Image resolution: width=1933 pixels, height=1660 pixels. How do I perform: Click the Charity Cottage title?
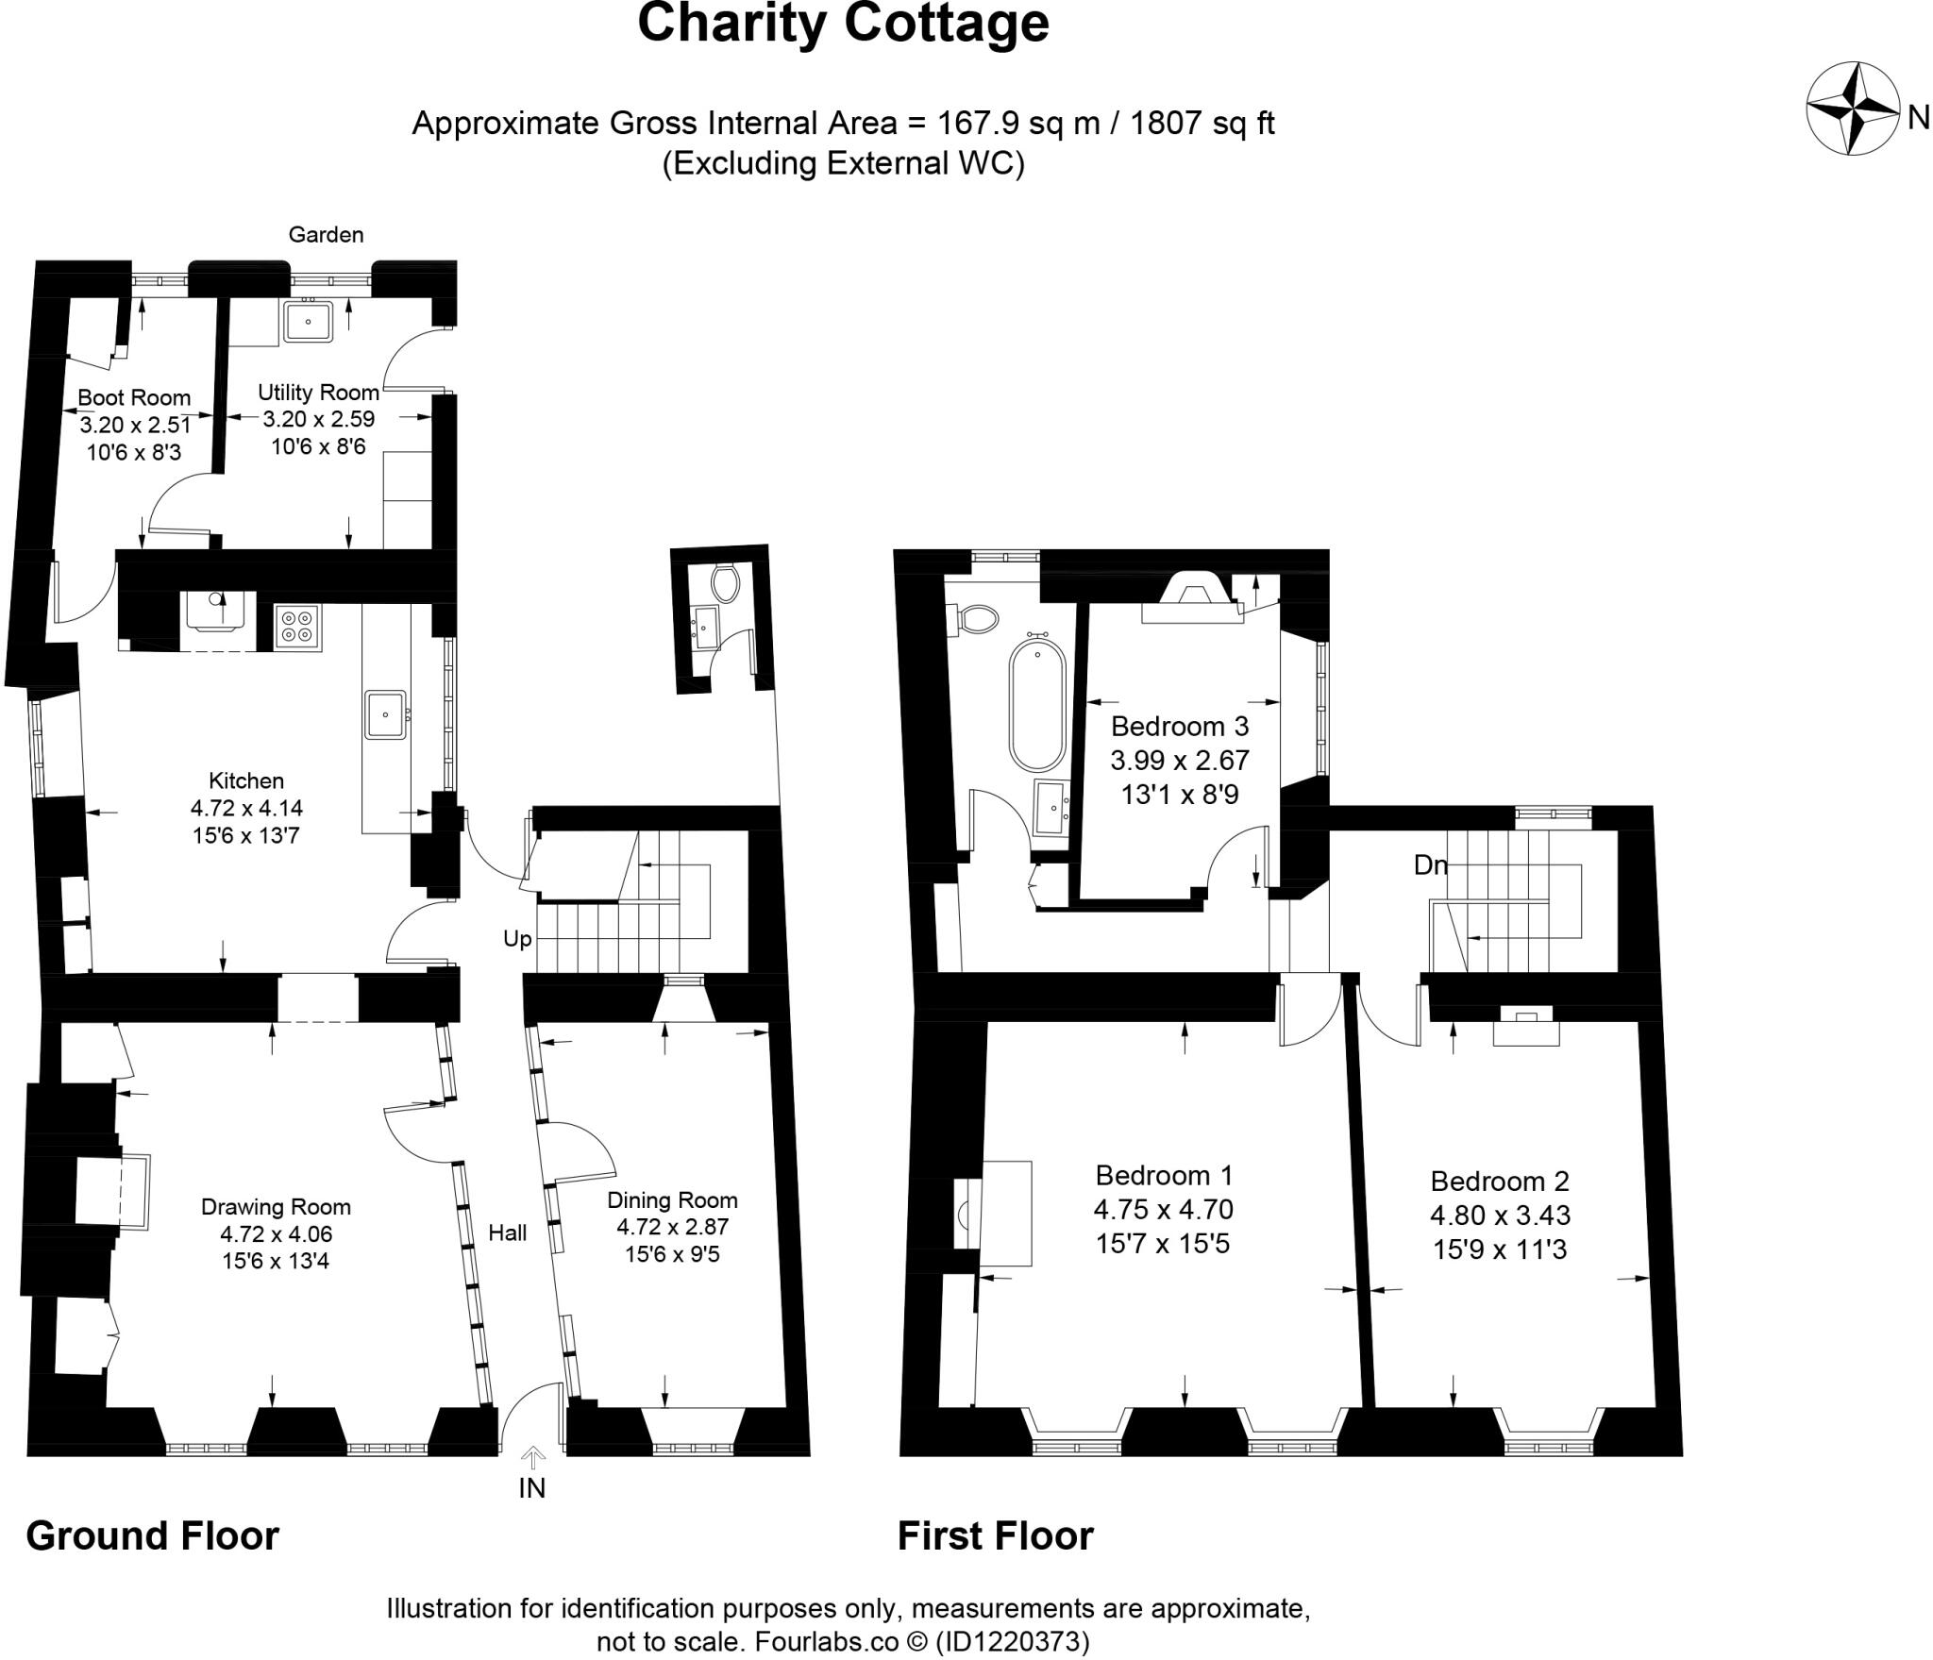point(843,24)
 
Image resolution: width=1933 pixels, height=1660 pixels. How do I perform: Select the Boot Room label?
point(134,398)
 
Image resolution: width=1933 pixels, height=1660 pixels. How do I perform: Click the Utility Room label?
point(318,393)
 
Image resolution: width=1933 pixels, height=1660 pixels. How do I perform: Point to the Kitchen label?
point(246,781)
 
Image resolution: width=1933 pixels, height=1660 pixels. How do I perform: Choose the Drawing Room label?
point(276,1207)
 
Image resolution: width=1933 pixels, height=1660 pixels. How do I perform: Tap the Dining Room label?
point(672,1200)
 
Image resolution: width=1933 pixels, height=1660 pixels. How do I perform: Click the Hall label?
point(508,1232)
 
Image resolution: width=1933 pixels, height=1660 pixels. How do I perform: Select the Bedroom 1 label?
point(1164,1176)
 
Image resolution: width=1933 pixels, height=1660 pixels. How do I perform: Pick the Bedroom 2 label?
point(1500,1182)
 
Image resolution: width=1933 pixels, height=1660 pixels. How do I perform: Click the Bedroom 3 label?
point(1180,727)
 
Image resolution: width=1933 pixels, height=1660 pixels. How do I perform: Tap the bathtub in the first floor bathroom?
point(1037,703)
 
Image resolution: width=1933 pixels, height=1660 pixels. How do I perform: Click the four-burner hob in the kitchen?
point(298,626)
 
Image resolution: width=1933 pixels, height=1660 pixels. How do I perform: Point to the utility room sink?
point(308,321)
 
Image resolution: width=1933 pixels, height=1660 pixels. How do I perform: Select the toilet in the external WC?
point(726,583)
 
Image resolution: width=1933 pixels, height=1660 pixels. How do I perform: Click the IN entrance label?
point(532,1488)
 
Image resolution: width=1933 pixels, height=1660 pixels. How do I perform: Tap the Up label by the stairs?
point(517,939)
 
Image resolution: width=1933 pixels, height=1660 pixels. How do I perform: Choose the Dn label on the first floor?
point(1431,864)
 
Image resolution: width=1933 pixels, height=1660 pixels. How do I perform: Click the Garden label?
point(326,235)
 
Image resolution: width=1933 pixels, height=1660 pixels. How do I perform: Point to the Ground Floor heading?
point(153,1536)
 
